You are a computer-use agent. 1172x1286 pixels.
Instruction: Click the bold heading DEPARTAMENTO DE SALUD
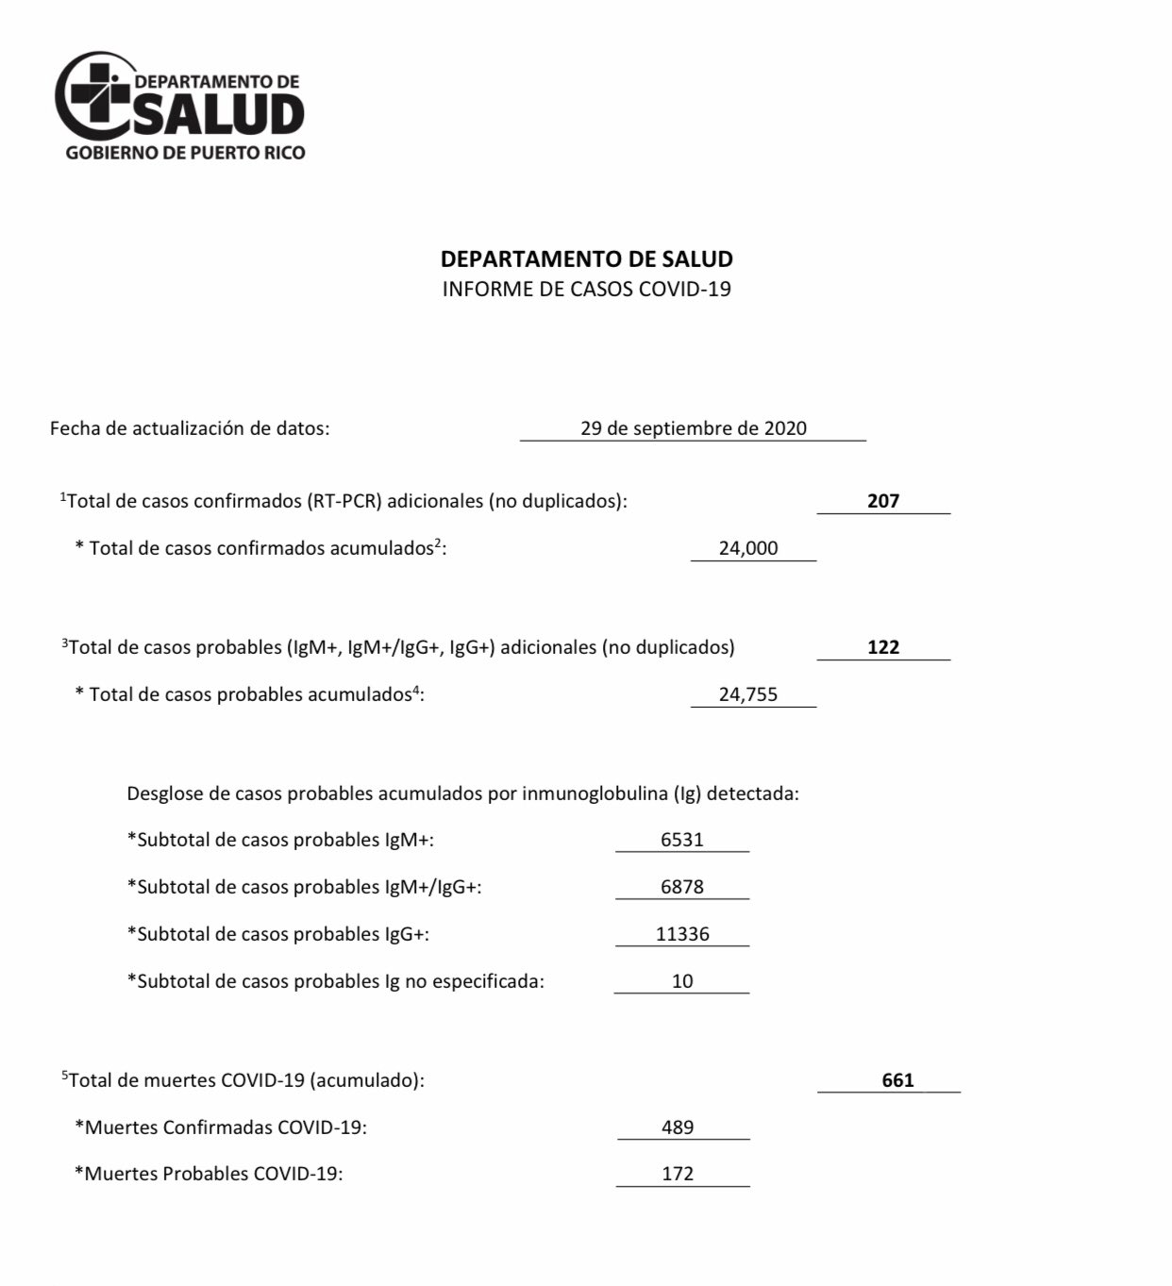tap(586, 259)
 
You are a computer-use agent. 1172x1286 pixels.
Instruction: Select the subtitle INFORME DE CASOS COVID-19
tap(586, 289)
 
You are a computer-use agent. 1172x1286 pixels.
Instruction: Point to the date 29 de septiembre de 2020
tap(694, 428)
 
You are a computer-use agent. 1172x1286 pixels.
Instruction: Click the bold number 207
tap(883, 501)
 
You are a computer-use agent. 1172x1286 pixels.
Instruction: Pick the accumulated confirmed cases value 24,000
tap(748, 548)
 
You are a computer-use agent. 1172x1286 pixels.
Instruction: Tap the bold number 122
tap(883, 647)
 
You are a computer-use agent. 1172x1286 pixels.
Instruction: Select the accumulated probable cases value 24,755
tap(748, 694)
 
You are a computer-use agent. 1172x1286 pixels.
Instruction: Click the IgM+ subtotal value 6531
tap(682, 840)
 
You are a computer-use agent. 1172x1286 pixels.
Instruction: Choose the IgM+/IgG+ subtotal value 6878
tap(682, 887)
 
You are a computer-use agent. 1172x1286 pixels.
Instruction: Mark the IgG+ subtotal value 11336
tap(682, 934)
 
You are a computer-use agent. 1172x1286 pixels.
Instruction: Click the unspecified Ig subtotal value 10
tap(682, 981)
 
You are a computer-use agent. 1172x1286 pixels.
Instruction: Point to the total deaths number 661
tap(897, 1080)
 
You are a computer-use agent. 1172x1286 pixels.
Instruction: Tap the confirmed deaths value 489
tap(678, 1127)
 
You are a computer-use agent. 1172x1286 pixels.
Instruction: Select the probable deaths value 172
tap(678, 1174)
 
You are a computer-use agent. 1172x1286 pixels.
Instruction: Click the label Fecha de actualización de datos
tap(190, 428)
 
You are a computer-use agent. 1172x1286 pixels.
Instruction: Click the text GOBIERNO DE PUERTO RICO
tap(185, 153)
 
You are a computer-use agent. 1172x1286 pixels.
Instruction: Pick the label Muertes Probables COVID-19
tap(209, 1175)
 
